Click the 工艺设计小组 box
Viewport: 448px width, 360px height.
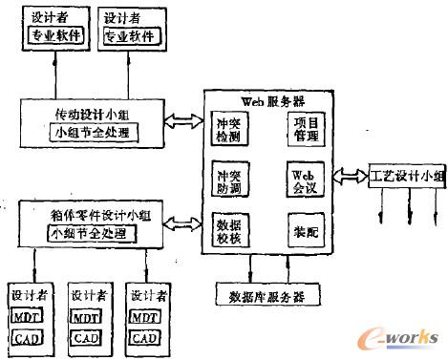(x=406, y=176)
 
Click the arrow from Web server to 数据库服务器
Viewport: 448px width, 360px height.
(x=250, y=269)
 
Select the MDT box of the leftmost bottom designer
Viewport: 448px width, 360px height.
(x=25, y=316)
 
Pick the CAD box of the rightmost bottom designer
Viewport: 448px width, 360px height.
(x=144, y=337)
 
